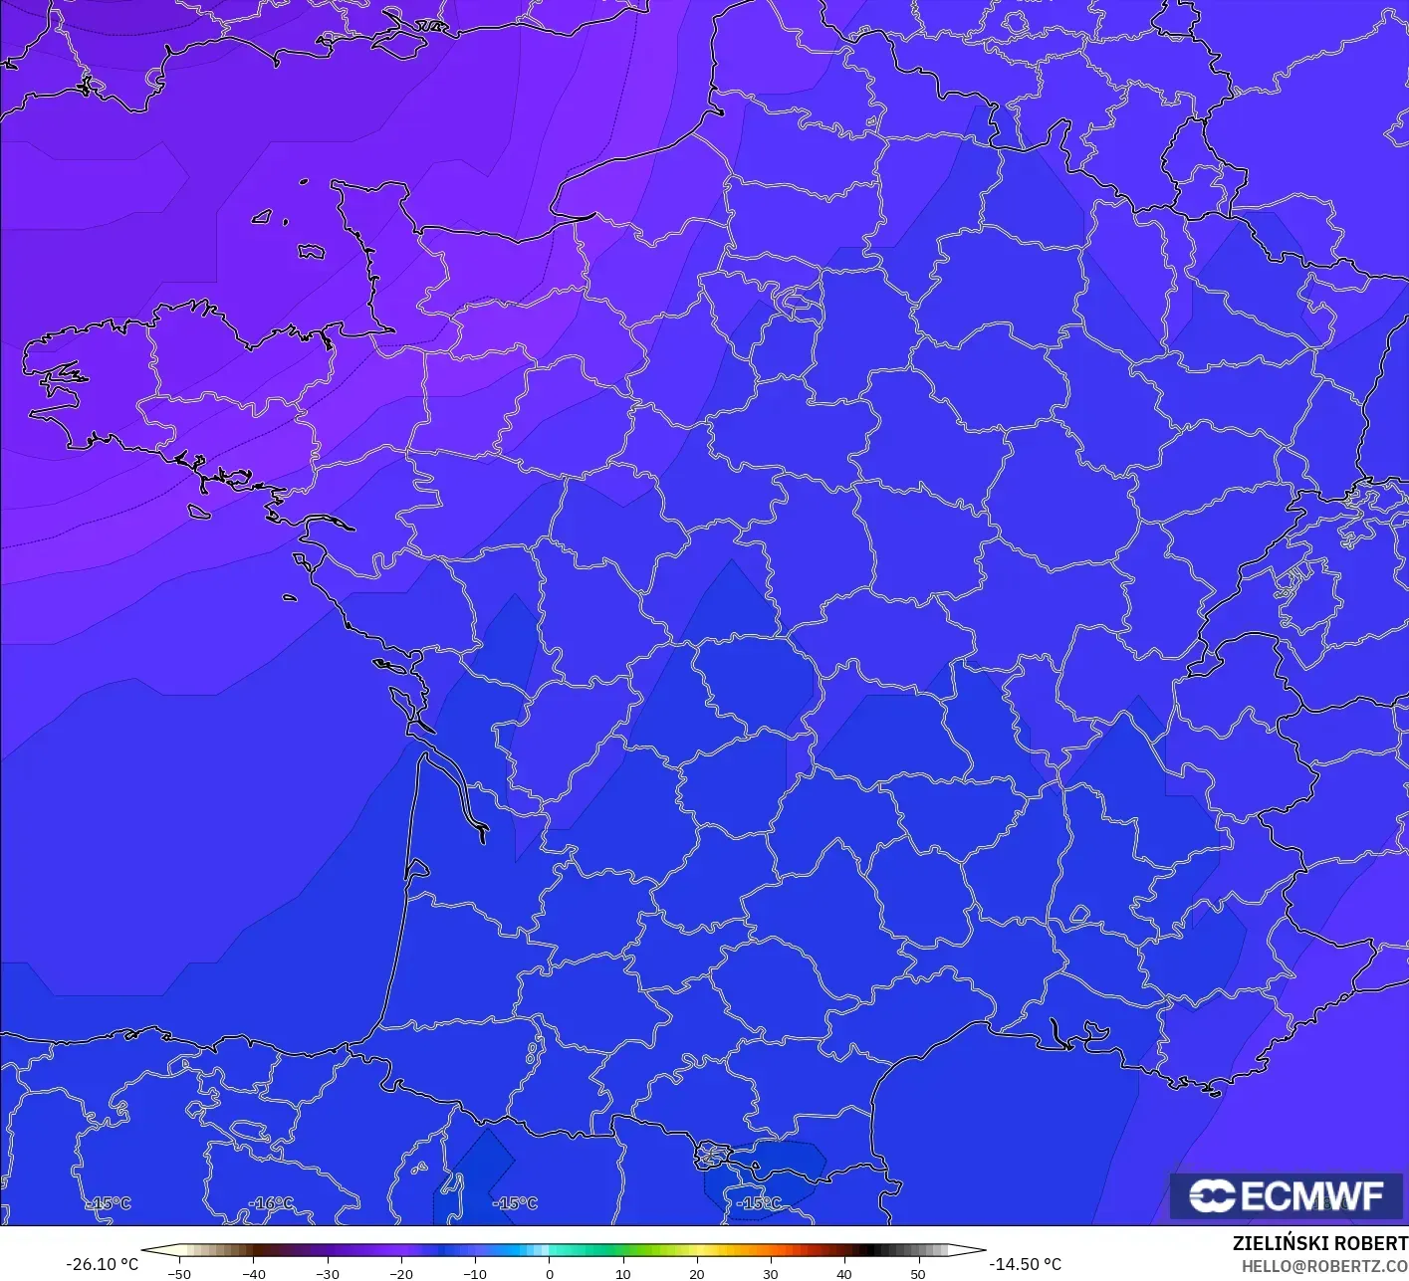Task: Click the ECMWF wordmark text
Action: point(1312,1195)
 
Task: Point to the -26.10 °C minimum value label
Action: point(102,1264)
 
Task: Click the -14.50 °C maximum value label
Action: point(1026,1264)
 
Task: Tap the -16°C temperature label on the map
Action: point(271,1203)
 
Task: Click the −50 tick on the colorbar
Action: point(179,1273)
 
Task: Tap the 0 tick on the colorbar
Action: point(549,1273)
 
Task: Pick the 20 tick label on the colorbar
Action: point(696,1273)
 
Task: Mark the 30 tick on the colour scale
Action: point(770,1273)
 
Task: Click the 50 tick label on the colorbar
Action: point(917,1273)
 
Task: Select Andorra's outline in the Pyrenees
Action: point(713,1156)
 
